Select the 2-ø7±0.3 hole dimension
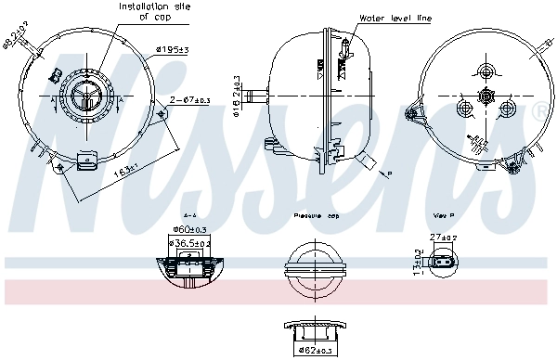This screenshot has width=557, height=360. click(191, 98)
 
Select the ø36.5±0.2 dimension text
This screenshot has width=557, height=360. click(190, 243)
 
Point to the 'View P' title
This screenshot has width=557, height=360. click(444, 214)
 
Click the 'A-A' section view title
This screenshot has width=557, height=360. click(190, 214)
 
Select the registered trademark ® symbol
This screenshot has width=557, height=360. click(540, 111)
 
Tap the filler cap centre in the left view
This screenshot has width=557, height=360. click(84, 96)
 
